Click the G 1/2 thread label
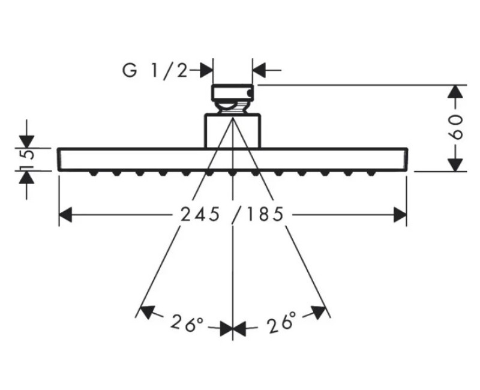click(x=155, y=71)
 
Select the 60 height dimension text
click(x=457, y=127)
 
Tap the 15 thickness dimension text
click(x=27, y=160)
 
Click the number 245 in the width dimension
click(x=200, y=214)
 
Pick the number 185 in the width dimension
click(x=265, y=214)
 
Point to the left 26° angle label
click(x=187, y=323)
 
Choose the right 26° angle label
click(x=282, y=322)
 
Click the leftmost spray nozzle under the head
click(x=94, y=173)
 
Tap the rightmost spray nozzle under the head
click(x=371, y=173)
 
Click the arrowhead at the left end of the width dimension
click(x=65, y=215)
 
